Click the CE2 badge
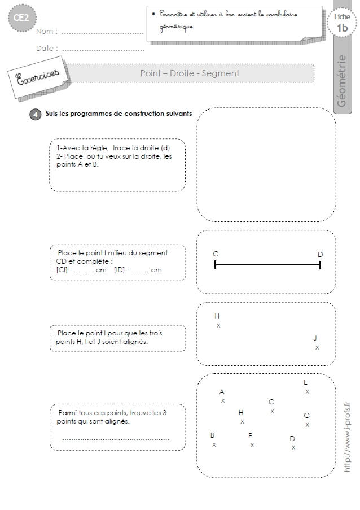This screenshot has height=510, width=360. click(21, 18)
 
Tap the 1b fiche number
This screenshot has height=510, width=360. click(342, 28)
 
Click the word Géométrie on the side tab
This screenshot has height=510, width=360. click(342, 81)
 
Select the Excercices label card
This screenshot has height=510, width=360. click(38, 78)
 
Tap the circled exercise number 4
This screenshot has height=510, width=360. click(36, 115)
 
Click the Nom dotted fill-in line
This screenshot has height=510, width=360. click(102, 33)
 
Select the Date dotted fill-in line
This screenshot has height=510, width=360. click(103, 50)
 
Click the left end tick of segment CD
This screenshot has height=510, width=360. click(215, 265)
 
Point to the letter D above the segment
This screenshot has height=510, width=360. click(321, 254)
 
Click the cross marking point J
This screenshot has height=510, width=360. click(317, 347)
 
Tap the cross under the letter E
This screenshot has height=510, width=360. click(308, 391)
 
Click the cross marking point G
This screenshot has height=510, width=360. click(308, 425)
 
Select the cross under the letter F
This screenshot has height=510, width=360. click(252, 445)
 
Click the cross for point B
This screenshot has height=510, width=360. click(214, 444)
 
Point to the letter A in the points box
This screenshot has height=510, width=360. click(222, 391)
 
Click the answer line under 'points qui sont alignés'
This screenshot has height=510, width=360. click(116, 439)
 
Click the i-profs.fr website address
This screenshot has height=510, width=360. click(347, 437)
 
